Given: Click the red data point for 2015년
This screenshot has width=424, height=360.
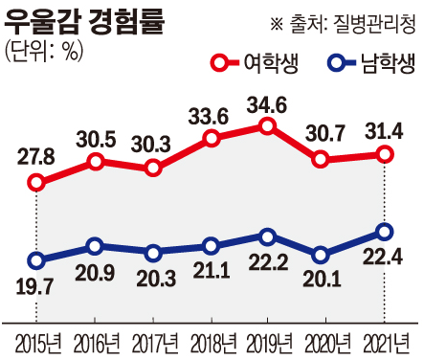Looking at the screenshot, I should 36,182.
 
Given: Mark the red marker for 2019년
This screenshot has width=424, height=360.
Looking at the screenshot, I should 268,126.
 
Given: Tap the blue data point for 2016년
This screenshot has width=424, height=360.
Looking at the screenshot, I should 95,247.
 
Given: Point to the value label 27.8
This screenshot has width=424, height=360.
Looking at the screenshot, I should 36,154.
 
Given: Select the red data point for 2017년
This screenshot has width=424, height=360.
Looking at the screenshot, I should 153,169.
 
